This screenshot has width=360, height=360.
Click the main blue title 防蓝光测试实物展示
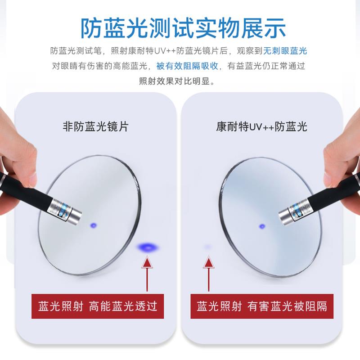coord(183,28)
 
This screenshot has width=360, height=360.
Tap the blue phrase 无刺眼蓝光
coord(285,51)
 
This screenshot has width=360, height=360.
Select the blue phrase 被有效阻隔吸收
coord(187,66)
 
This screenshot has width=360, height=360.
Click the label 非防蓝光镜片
coord(95,126)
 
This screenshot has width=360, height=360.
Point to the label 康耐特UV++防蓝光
coord(261,126)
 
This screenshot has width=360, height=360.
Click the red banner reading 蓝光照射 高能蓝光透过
coord(98,306)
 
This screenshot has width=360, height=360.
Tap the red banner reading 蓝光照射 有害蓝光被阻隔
coord(262,306)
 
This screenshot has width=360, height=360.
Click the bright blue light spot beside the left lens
coord(148,247)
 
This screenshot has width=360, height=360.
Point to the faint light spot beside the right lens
coord(208,247)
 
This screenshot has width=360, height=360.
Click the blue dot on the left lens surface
coord(94,225)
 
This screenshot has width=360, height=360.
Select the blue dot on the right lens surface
coord(262,226)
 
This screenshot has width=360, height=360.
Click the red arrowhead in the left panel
coord(147,262)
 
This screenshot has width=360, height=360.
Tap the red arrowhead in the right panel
coord(208,262)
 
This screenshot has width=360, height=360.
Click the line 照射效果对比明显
coord(176,81)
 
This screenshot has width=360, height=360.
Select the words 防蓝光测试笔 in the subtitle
coord(76,51)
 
